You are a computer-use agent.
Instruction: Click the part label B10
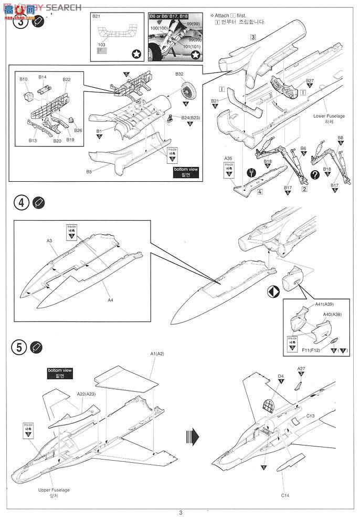24,79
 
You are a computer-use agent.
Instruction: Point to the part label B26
78,130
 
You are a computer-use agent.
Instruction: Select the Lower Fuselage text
327,116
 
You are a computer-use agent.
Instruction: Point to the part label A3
49,240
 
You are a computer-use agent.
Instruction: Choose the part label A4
110,300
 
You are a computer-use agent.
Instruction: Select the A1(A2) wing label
157,354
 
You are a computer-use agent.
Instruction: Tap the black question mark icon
315,175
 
